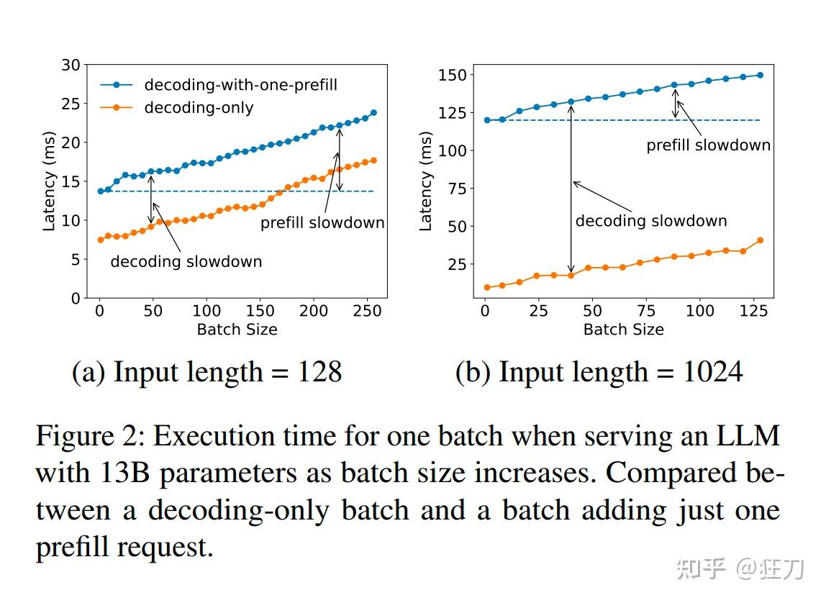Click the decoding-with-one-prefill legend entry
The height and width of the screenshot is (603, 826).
pos(240,85)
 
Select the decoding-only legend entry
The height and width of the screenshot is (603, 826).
pos(199,108)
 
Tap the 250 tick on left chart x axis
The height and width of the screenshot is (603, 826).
pos(367,311)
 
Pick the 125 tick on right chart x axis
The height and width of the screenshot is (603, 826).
pos(753,311)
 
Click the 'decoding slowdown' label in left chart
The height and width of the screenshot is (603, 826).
pos(186,261)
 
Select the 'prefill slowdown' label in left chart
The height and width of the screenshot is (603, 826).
pos(322,223)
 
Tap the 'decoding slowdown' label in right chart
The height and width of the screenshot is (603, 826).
pos(650,221)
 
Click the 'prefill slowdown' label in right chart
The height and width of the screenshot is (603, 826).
pos(708,145)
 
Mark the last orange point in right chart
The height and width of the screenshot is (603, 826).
pos(760,240)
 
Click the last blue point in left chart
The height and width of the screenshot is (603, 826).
pos(373,113)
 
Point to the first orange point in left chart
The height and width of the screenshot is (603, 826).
pos(100,240)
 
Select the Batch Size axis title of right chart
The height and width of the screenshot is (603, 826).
pos(623,330)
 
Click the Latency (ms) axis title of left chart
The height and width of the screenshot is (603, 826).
pos(49,181)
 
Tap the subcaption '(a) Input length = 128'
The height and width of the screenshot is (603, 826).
pos(206,373)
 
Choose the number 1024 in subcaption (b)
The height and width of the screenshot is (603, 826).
pos(712,373)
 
